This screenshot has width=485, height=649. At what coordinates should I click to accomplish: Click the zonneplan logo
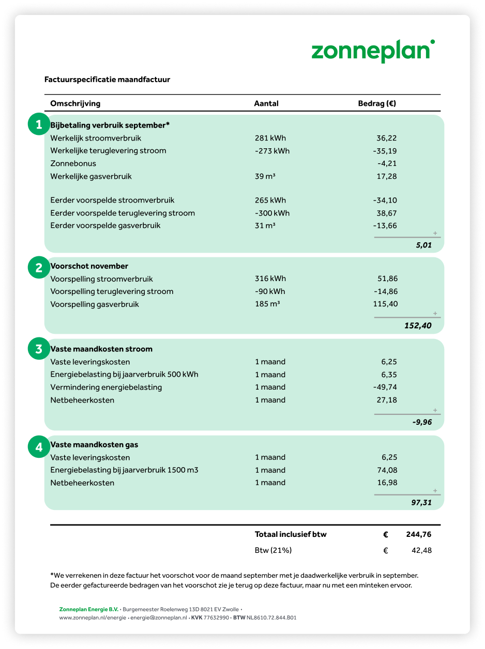(x=372, y=52)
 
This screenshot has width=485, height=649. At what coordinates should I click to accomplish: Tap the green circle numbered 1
(x=38, y=125)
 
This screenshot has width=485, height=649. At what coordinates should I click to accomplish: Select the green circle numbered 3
(x=38, y=349)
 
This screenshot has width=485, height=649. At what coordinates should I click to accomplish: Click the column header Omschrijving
(x=75, y=103)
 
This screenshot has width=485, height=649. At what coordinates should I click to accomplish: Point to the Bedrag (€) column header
(x=377, y=103)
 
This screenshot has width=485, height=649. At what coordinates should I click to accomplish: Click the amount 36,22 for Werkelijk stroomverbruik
(x=387, y=138)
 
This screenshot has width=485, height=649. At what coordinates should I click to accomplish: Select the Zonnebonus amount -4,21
(x=387, y=163)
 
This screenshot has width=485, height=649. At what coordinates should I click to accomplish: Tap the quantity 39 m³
(x=265, y=176)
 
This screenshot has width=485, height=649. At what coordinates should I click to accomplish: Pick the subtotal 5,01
(x=423, y=245)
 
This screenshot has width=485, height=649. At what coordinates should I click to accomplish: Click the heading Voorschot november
(x=89, y=266)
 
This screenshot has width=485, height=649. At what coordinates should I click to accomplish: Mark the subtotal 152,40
(x=418, y=326)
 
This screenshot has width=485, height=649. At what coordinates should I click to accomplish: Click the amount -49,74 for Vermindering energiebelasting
(x=385, y=387)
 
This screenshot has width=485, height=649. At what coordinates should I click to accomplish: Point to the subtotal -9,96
(x=422, y=422)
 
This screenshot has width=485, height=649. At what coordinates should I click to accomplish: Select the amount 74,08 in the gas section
(x=387, y=470)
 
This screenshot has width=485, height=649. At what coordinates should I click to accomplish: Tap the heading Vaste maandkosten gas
(x=94, y=444)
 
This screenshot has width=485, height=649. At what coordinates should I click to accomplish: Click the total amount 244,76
(x=419, y=534)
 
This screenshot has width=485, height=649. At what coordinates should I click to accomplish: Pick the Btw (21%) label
(x=273, y=550)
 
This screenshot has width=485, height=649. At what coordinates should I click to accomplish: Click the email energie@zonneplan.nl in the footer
(x=158, y=617)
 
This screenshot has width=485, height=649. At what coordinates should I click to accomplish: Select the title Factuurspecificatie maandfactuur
(x=107, y=80)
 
